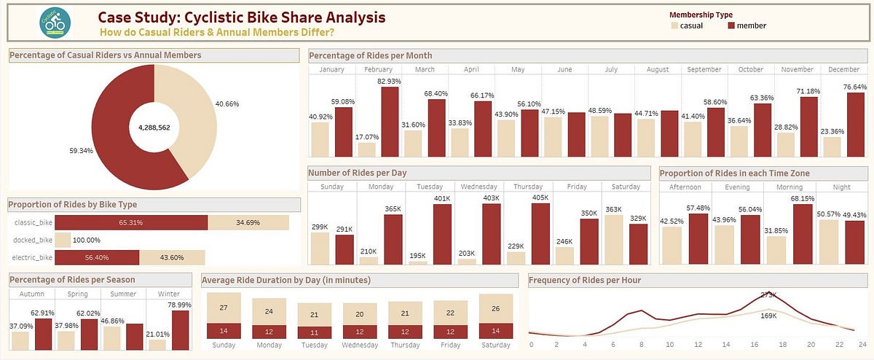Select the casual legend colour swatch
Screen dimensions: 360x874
pos(674,26)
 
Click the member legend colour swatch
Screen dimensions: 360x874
pos(732,26)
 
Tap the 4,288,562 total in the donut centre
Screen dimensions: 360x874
pos(154,128)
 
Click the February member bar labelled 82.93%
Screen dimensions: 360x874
pos(389,122)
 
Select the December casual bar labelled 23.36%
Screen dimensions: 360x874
pos(832,146)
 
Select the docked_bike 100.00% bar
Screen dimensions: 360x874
pos(63,239)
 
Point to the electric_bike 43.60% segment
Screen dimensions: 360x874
pos(172,257)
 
